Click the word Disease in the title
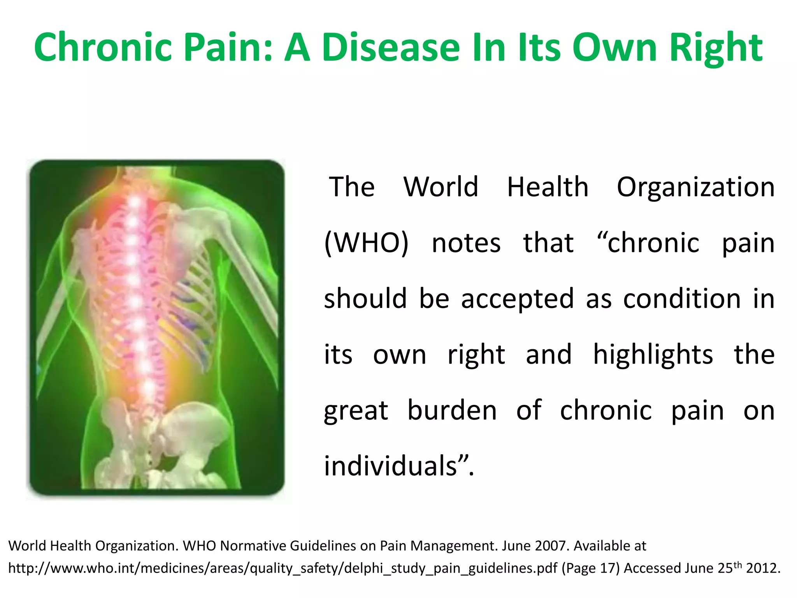[391, 47]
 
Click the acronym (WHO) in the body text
[366, 243]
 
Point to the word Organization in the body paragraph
[695, 188]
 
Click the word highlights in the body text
[653, 355]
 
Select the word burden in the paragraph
[452, 410]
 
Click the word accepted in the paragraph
[517, 299]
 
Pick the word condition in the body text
[682, 299]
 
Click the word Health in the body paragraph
[547, 187]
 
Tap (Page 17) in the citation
[590, 568]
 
